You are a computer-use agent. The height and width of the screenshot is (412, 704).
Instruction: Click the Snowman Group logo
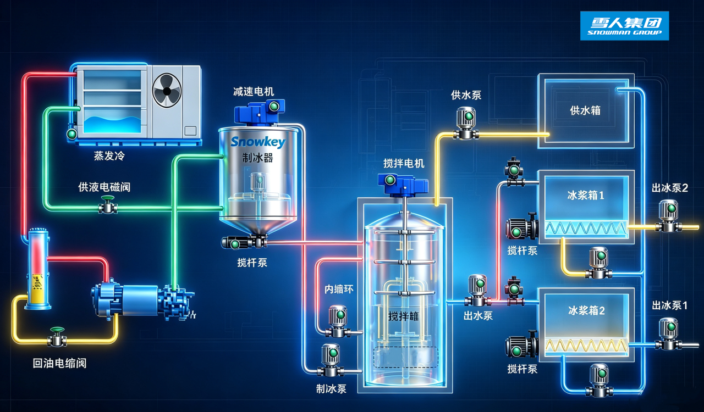(624, 26)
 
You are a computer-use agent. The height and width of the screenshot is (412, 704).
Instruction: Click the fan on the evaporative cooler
(167, 91)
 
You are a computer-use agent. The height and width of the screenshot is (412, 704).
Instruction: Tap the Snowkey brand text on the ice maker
(258, 142)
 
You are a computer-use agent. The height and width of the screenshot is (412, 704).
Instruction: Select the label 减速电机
(254, 91)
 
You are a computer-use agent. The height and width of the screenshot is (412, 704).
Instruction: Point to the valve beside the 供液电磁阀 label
(108, 205)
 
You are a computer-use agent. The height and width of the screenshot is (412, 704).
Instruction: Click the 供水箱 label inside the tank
(585, 110)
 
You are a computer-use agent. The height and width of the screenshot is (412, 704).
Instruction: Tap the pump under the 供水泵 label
(466, 123)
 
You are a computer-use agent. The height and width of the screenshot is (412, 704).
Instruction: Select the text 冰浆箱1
(586, 196)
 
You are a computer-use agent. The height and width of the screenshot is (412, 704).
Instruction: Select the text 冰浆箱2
(586, 310)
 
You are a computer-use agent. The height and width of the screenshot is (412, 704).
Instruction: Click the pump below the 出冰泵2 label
(668, 216)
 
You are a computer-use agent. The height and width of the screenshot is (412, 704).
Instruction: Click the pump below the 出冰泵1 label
(668, 334)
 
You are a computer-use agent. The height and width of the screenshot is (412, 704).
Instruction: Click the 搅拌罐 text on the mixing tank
(404, 316)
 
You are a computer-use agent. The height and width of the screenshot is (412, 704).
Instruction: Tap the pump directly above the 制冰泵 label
(331, 360)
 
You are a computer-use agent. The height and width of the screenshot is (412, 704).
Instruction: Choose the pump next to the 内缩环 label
(338, 321)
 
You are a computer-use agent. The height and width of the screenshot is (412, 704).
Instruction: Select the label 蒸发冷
(109, 156)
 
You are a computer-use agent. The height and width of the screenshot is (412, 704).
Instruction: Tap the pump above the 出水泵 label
(477, 290)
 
